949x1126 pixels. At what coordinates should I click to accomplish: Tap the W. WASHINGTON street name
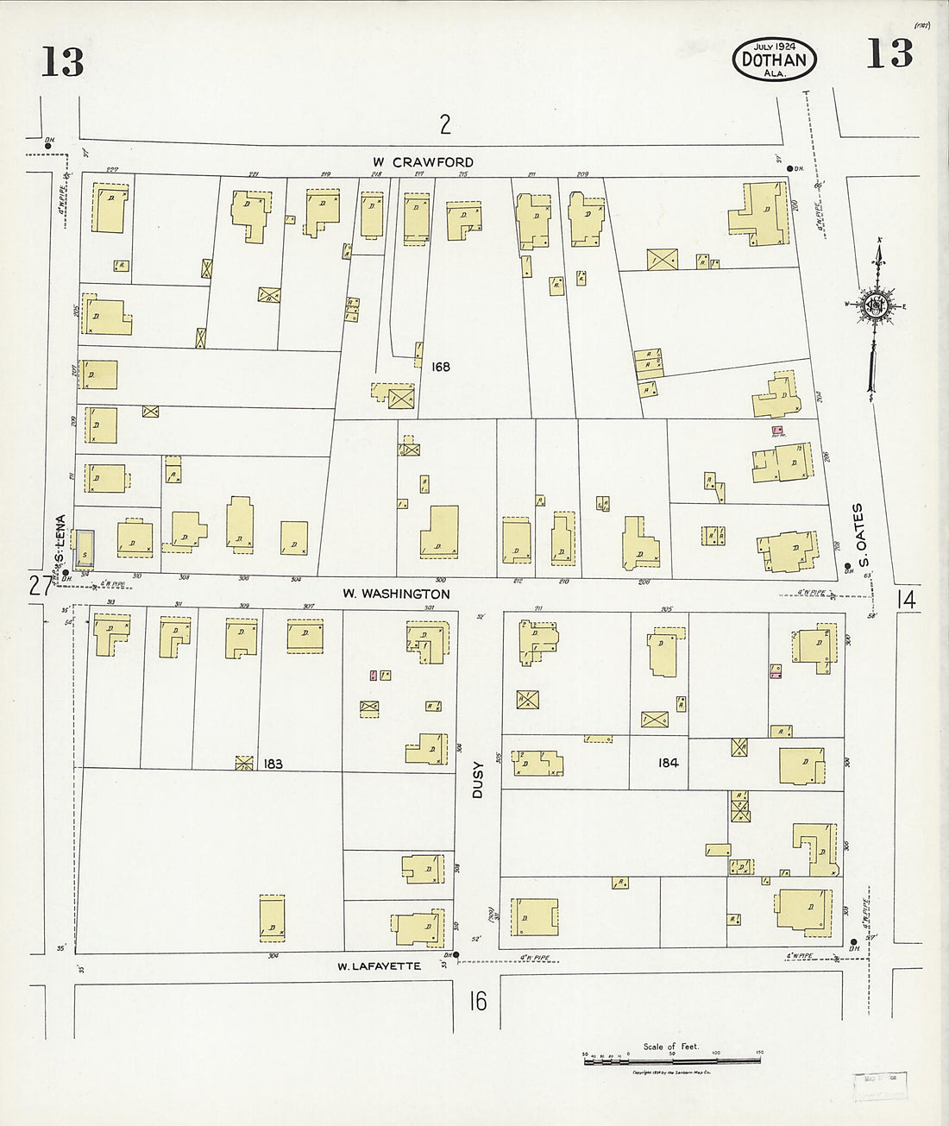pos(395,594)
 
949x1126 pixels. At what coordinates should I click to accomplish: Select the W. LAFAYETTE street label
pos(380,966)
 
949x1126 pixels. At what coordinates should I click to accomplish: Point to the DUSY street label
pos(479,777)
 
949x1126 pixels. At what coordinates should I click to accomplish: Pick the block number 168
pos(440,367)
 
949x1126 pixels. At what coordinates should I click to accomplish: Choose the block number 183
pos(273,764)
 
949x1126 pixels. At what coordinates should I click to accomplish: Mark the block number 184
pos(668,763)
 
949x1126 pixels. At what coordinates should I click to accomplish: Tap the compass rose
pos(877,305)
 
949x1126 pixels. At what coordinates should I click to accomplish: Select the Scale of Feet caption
pos(671,1047)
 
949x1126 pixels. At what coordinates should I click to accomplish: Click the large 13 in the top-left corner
pos(62,62)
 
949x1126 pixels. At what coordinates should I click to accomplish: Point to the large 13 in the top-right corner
pos(889,54)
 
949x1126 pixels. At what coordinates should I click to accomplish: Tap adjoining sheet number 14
pos(906,599)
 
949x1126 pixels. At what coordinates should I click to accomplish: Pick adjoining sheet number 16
pos(478,1001)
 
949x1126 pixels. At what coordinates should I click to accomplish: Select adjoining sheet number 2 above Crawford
pos(444,125)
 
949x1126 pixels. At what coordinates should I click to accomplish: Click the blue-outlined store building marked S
pos(85,549)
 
